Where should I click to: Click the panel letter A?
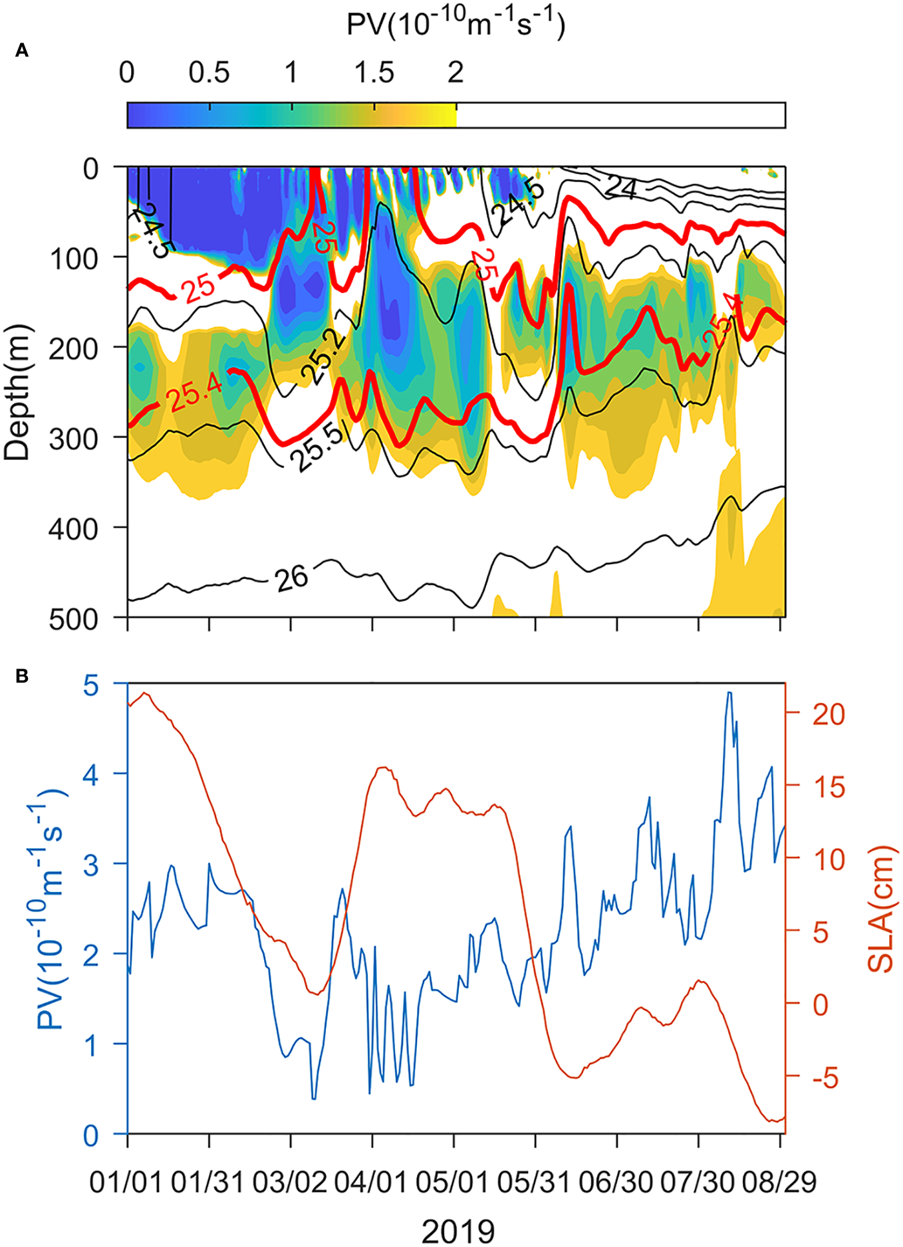[22, 51]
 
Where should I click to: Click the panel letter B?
[22, 677]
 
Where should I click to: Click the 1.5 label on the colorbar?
[374, 72]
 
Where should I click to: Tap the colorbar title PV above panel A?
[455, 25]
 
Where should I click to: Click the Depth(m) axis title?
[17, 392]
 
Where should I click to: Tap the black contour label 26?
[292, 578]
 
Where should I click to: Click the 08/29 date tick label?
[779, 1183]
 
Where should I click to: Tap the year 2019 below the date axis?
[458, 1230]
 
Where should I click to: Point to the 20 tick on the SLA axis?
[828, 714]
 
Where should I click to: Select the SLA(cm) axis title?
[880, 909]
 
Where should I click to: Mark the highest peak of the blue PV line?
[729, 693]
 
